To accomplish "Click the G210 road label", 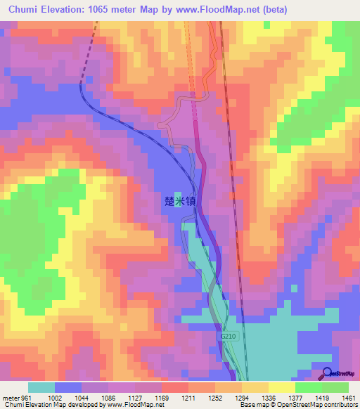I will pyautogui.click(x=229, y=338).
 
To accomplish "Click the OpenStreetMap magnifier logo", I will pyautogui.click(x=328, y=374).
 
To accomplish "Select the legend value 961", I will pyautogui.click(x=26, y=398).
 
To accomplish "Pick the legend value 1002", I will pyautogui.click(x=54, y=398).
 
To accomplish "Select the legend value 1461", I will pyautogui.click(x=349, y=398).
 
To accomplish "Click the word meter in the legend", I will pyautogui.click(x=9, y=398).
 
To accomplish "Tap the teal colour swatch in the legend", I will pyautogui.click(x=41, y=387).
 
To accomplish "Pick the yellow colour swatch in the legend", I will pyautogui.click(x=282, y=387).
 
